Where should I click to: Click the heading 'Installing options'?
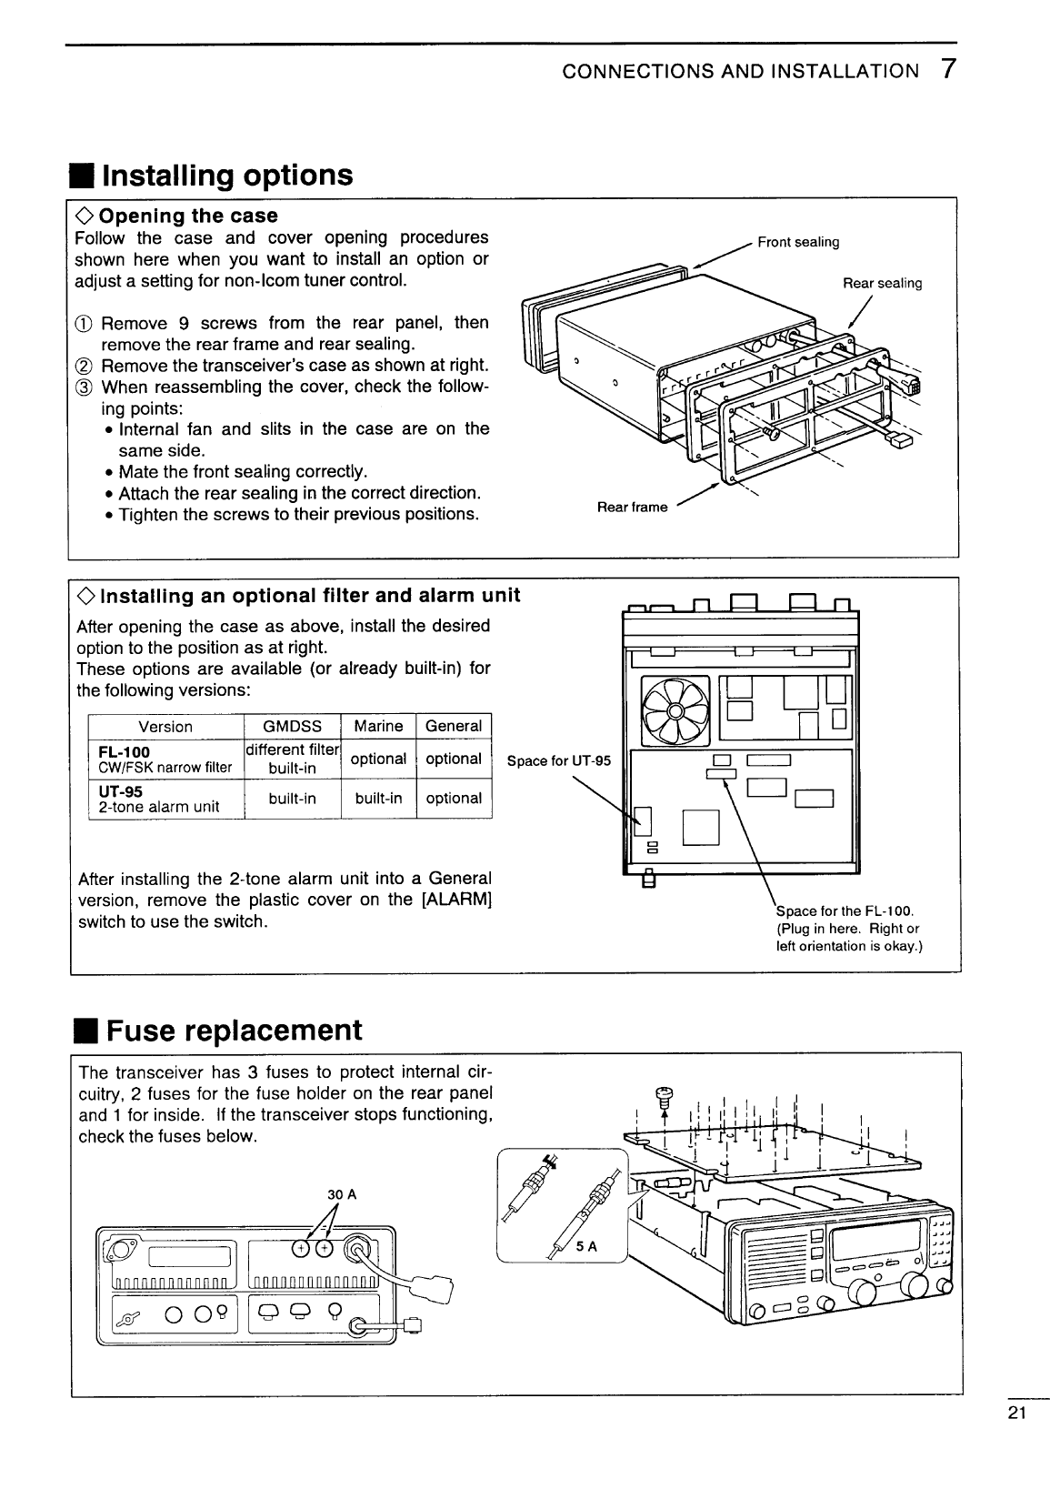[226, 175]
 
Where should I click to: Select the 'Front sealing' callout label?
[797, 242]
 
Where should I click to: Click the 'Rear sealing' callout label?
[882, 283]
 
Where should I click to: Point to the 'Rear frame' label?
[632, 507]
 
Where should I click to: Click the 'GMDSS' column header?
[292, 726]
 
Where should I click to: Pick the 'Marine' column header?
[378, 726]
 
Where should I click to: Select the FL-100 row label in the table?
[125, 752]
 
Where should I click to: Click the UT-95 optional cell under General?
[453, 798]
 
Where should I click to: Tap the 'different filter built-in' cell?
[292, 759]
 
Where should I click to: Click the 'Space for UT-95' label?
[558, 760]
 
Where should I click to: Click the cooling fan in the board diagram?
[675, 710]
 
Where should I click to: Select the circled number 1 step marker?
[84, 324]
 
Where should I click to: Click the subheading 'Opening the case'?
[187, 216]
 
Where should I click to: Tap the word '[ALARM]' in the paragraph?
[455, 900]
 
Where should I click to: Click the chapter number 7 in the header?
[946, 70]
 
